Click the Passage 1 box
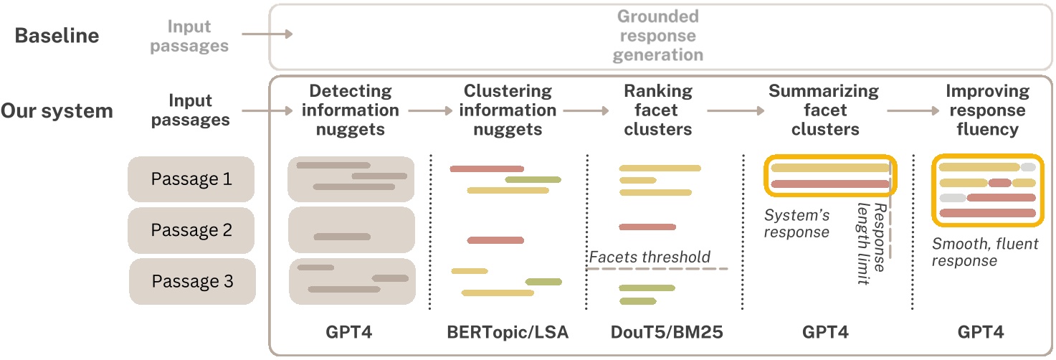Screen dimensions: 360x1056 coord(191,179)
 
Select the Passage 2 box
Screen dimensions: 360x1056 coord(191,230)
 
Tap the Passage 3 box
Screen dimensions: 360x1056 coord(191,281)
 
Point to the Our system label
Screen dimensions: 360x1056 coord(57,111)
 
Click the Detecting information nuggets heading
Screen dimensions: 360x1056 coord(351,110)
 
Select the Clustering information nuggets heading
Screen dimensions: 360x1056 coord(508,110)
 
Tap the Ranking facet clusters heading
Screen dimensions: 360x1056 coord(657,110)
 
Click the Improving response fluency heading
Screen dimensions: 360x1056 coord(986,110)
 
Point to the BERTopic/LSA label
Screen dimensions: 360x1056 coord(508,332)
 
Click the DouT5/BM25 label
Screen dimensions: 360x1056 coord(657,332)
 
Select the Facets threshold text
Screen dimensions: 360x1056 coord(650,257)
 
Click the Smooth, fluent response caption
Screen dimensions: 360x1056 coord(985,252)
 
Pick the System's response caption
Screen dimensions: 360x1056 coord(796,223)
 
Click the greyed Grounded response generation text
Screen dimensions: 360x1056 coord(659,35)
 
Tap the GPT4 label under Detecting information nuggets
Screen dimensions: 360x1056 coord(351,332)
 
